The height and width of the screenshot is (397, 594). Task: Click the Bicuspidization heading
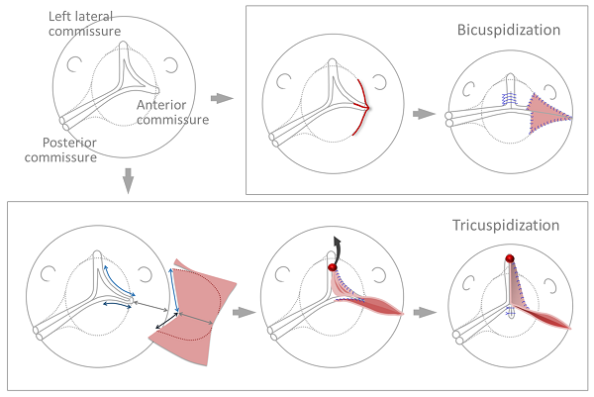coord(508,30)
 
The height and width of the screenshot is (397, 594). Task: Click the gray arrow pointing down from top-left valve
coord(127,181)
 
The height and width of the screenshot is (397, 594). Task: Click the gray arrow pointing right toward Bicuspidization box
coord(223,98)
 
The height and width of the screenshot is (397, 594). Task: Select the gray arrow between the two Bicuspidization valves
coord(424,114)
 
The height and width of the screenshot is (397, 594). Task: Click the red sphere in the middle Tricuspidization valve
coord(334,268)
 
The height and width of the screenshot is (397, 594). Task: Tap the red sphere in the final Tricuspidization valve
coord(509,258)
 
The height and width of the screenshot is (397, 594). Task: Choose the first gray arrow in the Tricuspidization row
coord(241,312)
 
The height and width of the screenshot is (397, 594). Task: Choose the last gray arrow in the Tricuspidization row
coord(425,312)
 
